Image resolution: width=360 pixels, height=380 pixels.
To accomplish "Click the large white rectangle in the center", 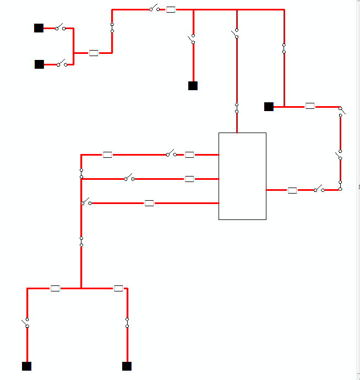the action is point(242,176).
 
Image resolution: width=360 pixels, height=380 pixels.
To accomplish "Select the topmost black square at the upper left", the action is point(39,28).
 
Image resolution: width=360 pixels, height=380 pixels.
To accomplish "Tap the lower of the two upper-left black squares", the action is point(39,64).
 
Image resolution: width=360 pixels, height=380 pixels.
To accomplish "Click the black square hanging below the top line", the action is point(193,86).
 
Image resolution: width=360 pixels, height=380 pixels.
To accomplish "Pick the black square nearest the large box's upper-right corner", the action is point(269,107).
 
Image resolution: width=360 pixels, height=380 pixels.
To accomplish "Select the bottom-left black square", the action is point(26,366).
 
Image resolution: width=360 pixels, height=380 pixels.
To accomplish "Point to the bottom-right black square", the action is point(127,366).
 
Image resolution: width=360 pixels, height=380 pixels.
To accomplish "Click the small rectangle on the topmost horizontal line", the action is point(171,9).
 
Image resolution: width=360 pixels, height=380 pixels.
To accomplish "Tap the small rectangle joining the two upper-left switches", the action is point(94,53).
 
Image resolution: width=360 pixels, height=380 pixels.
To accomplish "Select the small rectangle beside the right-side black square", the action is point(310,106).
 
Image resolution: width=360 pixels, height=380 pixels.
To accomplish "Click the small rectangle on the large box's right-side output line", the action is point(292,190).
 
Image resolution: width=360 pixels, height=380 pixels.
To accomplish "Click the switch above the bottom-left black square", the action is point(26,323).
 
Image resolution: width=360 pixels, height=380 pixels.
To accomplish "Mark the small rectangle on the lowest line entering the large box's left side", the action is point(149,203).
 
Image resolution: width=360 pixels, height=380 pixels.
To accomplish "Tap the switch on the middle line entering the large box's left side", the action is point(129,178).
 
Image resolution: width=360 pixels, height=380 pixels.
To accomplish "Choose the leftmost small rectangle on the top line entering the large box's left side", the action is point(107,155).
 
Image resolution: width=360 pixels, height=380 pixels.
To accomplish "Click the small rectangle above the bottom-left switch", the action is point(55,288).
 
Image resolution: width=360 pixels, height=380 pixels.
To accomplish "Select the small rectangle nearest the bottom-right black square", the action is point(118,288).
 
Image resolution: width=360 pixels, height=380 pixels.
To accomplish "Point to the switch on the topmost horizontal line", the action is point(154,9).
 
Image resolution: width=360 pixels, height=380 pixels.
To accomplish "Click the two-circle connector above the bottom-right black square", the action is point(127,323).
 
